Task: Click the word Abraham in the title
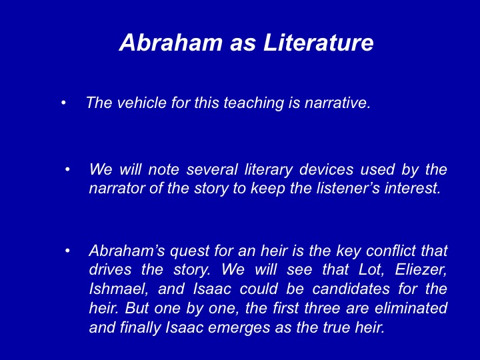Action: click(x=171, y=42)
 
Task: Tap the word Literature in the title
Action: click(x=319, y=42)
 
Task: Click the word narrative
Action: click(x=337, y=103)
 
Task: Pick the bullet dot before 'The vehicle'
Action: click(x=63, y=103)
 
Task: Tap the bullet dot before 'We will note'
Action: click(x=67, y=169)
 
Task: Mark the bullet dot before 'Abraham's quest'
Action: click(x=67, y=251)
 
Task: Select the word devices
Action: click(x=326, y=169)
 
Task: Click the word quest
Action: click(x=189, y=251)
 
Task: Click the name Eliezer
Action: click(x=421, y=270)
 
